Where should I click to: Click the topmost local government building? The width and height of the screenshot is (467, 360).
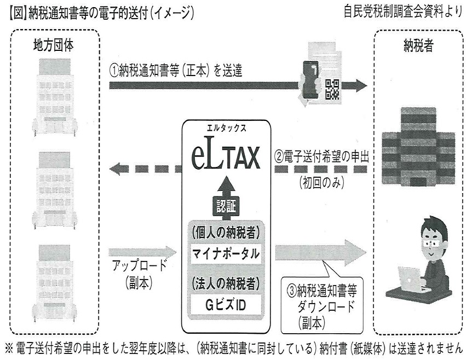click(x=54, y=96)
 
